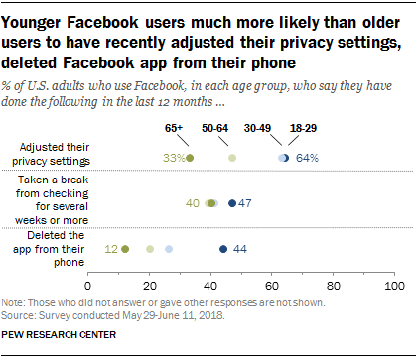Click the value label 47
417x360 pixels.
pos(246,203)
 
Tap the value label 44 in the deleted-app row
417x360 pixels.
pos(240,249)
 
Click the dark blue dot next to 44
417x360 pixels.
pos(223,249)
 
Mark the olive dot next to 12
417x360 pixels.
pos(125,249)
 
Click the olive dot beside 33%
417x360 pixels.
pos(190,158)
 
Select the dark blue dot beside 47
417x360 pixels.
pos(232,203)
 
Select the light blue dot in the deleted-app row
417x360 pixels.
pos(169,249)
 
